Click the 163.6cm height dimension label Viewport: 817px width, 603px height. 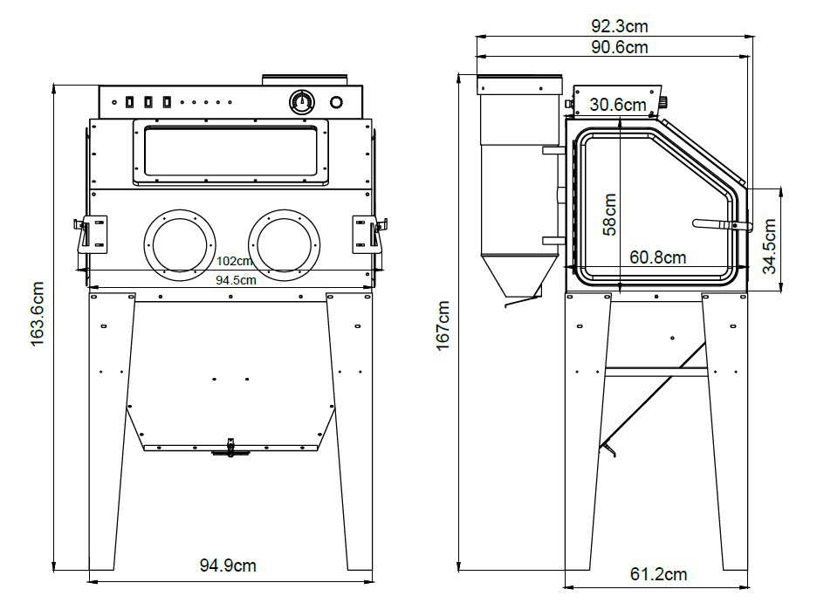[x=38, y=314]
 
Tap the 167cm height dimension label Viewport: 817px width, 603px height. [x=444, y=325]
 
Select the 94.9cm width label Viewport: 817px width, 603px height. [x=229, y=565]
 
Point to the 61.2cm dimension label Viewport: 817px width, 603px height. [x=658, y=574]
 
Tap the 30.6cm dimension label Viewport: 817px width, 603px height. [x=617, y=105]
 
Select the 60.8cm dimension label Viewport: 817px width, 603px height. [x=657, y=257]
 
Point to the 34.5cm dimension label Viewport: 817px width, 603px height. [x=770, y=247]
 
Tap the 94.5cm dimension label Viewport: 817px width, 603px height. [x=236, y=280]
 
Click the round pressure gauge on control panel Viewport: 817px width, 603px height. [x=302, y=102]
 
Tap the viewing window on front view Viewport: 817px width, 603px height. [x=230, y=153]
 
